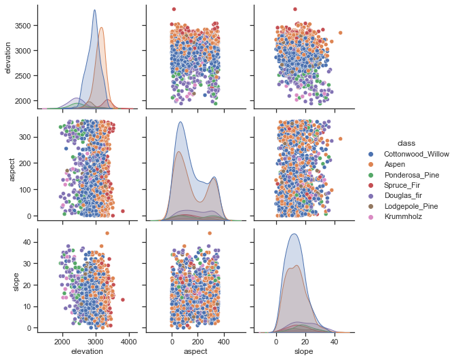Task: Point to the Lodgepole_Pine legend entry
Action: (413, 208)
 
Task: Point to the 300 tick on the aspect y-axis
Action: (26, 136)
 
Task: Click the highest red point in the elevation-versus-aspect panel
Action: (174, 9)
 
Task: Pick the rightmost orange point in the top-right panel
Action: (340, 33)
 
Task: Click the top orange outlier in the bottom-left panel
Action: (107, 233)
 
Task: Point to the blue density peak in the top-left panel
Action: (94, 10)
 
